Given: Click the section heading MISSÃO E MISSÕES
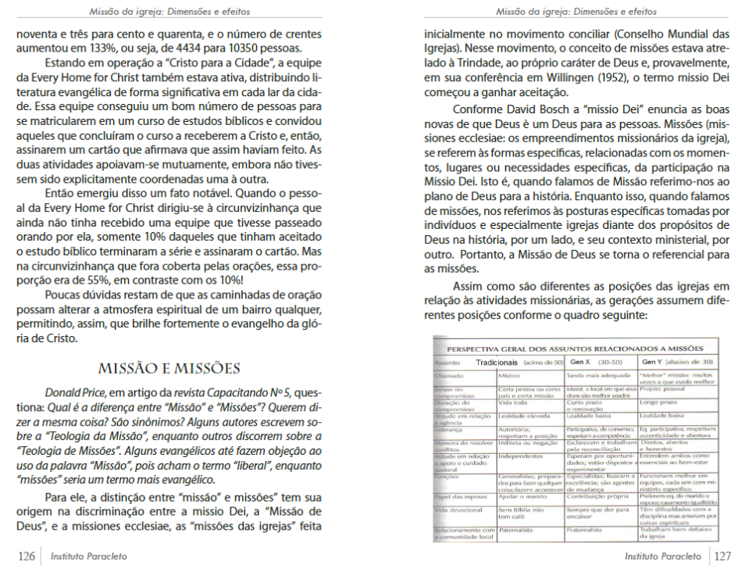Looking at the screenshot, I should pyautogui.click(x=169, y=368).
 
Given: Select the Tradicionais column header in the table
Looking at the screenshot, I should pyautogui.click(x=497, y=363).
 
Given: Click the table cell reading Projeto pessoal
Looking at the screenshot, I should pyautogui.click(x=664, y=388).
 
